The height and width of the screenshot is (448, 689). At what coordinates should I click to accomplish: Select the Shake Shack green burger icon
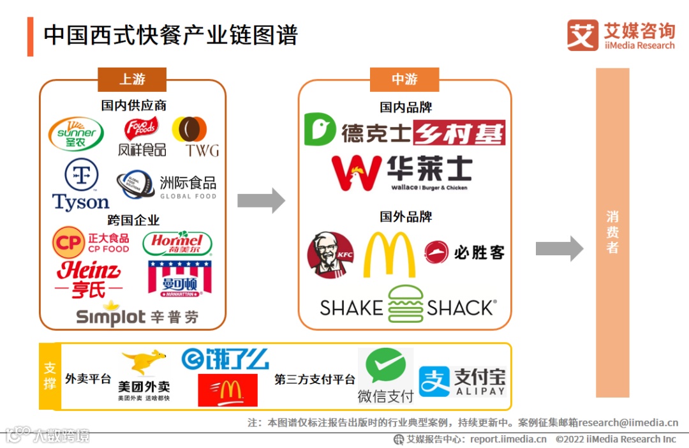pyautogui.click(x=406, y=304)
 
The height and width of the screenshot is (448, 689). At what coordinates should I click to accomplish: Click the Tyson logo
pyautogui.click(x=80, y=185)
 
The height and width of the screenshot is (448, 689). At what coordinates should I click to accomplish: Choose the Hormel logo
pyautogui.click(x=177, y=243)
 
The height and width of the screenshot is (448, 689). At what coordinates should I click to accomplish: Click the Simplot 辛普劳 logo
pyautogui.click(x=138, y=315)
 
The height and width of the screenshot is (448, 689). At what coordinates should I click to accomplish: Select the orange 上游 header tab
pyautogui.click(x=132, y=80)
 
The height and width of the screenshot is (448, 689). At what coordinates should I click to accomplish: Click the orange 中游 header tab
pyautogui.click(x=404, y=79)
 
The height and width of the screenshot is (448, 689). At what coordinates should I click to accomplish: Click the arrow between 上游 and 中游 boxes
pyautogui.click(x=261, y=200)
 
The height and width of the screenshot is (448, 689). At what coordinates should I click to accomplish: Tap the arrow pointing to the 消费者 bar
pyautogui.click(x=559, y=249)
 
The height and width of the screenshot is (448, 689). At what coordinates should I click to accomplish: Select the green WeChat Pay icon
pyautogui.click(x=385, y=366)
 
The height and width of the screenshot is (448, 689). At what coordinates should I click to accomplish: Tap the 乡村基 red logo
pyautogui.click(x=459, y=133)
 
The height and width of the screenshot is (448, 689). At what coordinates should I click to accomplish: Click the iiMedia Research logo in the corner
pyautogui.click(x=620, y=36)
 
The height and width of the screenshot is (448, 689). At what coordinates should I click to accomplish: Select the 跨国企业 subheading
pyautogui.click(x=133, y=220)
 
